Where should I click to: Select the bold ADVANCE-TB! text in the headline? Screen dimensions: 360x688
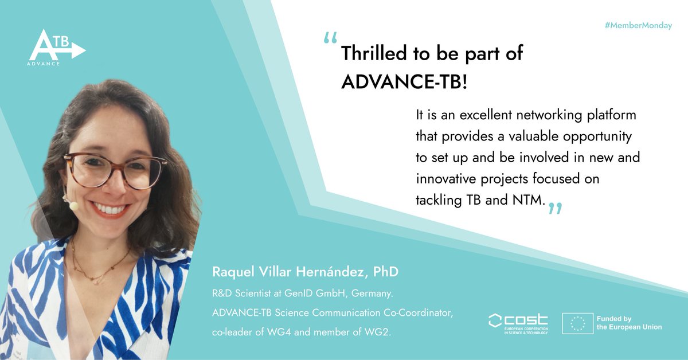[x=404, y=82]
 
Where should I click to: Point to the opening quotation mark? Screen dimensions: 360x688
[x=330, y=38]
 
